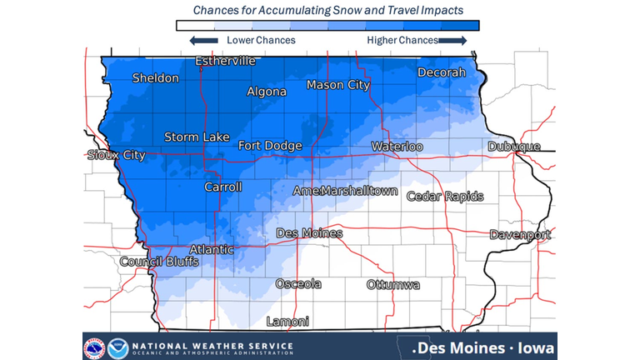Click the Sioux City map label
coord(117,155)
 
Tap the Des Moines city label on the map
coord(308,233)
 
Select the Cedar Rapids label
coord(445,197)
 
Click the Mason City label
coord(337,85)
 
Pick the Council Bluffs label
coord(159,262)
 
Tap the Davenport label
coord(520,235)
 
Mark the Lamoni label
coord(287,322)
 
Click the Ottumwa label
coord(392,285)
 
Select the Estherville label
coord(225,61)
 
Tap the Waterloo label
coord(397,147)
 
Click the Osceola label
coord(298,284)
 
